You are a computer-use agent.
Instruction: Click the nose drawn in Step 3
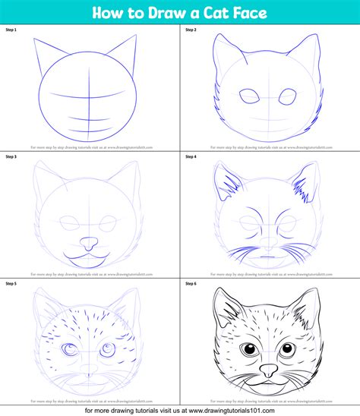pos(90,244)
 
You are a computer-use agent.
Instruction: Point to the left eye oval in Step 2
pos(248,96)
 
